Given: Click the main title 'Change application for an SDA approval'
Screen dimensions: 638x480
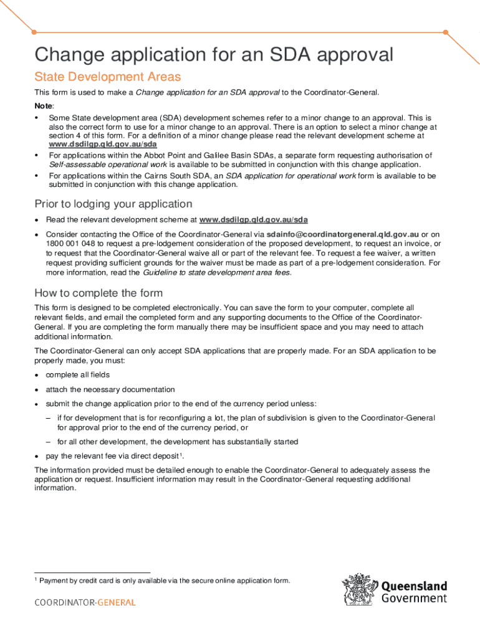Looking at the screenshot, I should click(x=214, y=55).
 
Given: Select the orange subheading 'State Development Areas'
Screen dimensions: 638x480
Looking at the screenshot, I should click(x=107, y=77).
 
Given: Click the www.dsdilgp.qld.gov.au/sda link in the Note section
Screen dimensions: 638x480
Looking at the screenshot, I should click(x=103, y=143).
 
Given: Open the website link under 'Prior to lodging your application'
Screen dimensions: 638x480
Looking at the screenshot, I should click(x=253, y=220).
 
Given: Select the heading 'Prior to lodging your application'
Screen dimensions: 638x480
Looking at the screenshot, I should click(x=113, y=204).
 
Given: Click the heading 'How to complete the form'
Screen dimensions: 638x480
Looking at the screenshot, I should click(x=98, y=293).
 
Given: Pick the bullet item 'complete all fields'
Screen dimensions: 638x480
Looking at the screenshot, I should click(x=77, y=374).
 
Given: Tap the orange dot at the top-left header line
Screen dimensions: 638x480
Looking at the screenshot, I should click(x=34, y=31).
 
